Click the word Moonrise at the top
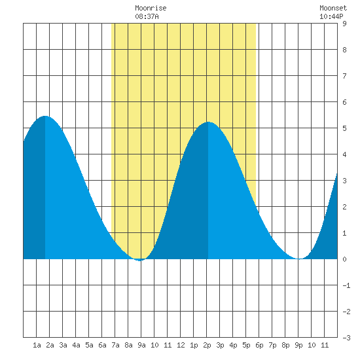pos(151,8)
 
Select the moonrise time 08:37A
pos(147,16)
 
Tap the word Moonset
pos(333,8)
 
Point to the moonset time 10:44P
pos(331,16)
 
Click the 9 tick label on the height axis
pos(344,24)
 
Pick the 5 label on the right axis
pos(344,128)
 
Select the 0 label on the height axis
pos(344,259)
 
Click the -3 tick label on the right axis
pos(346,338)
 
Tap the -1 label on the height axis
pos(346,285)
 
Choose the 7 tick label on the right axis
pos(344,76)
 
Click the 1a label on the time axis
pos(37,345)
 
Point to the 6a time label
pos(102,345)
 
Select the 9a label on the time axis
pos(141,345)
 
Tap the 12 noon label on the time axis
pos(181,345)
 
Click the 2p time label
pos(207,345)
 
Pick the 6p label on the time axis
pos(259,345)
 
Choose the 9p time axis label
pos(298,345)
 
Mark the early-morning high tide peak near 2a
pos(45,116)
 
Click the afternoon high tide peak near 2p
pos(208,122)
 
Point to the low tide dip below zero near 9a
pos(140,261)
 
